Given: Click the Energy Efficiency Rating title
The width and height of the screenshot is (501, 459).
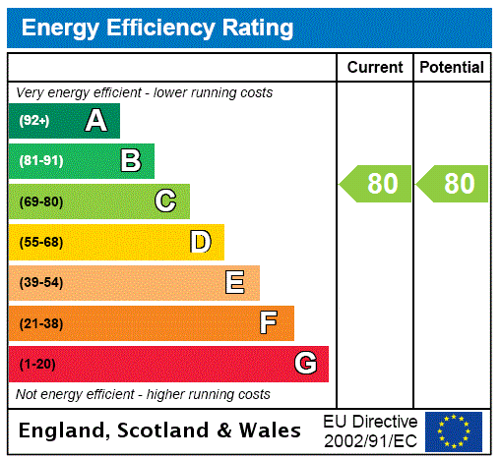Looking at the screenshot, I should pyautogui.click(x=157, y=29).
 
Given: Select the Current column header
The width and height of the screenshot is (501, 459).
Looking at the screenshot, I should pyautogui.click(x=375, y=68).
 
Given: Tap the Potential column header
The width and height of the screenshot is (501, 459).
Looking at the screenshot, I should pyautogui.click(x=452, y=68).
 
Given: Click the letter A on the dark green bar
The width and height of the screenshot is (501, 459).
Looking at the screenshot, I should pyautogui.click(x=95, y=121).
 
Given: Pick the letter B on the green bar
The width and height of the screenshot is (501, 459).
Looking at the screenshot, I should pyautogui.click(x=130, y=161).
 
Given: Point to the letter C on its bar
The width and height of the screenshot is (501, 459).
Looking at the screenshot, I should pyautogui.click(x=165, y=201).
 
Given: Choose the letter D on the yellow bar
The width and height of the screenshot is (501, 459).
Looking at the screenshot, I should pyautogui.click(x=200, y=242).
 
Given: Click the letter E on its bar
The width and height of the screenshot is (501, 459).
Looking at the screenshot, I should pyautogui.click(x=235, y=283).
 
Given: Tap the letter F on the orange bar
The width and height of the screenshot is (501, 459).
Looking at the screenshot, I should pyautogui.click(x=269, y=323).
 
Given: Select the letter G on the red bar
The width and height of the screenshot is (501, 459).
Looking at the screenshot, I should pyautogui.click(x=305, y=365).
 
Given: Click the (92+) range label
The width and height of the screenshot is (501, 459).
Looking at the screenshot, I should pyautogui.click(x=34, y=121).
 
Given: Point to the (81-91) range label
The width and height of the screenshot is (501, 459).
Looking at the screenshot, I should pyautogui.click(x=40, y=161).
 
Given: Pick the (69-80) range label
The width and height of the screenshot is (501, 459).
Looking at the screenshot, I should pyautogui.click(x=40, y=201).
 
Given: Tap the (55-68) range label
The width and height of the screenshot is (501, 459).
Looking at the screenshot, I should pyautogui.click(x=40, y=242).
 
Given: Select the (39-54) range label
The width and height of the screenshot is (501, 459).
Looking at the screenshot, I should pyautogui.click(x=40, y=283).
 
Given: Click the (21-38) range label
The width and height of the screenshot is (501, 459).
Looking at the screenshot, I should pyautogui.click(x=40, y=323).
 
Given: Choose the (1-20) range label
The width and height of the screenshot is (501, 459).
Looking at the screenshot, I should pyautogui.click(x=37, y=365).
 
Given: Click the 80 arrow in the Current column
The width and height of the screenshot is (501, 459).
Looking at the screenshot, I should pyautogui.click(x=377, y=184).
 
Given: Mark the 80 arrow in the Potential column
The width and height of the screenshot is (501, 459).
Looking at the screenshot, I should pyautogui.click(x=454, y=184).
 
